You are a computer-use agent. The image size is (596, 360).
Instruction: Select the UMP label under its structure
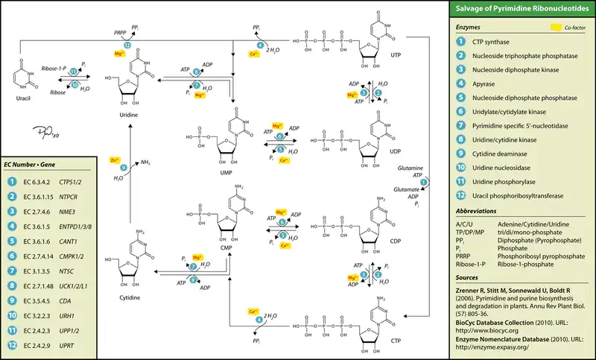226,172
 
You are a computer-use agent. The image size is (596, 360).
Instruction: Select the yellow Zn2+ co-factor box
114,160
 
